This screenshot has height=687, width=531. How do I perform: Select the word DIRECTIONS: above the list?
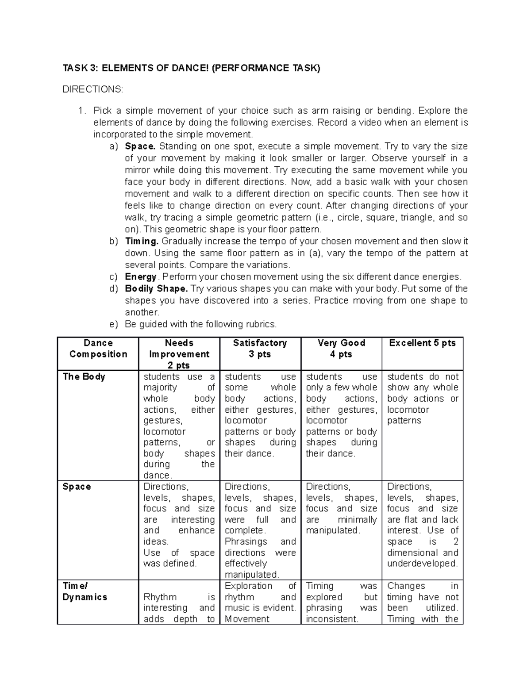(x=92, y=89)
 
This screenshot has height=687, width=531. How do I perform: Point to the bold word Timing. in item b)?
(x=142, y=242)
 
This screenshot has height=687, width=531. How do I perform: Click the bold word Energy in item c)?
(x=141, y=277)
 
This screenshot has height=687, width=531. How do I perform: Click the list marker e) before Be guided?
(x=113, y=324)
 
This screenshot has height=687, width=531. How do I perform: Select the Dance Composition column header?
(x=98, y=349)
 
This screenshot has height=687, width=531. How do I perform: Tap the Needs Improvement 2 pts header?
(x=179, y=354)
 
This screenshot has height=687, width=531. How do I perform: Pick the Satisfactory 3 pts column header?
(x=260, y=349)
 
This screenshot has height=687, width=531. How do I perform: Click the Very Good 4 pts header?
(x=341, y=349)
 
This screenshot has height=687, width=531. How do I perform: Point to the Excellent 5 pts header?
(x=422, y=343)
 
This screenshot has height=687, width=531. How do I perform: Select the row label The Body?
(x=84, y=376)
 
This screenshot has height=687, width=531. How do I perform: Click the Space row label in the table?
(x=77, y=487)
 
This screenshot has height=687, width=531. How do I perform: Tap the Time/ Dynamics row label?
(x=85, y=591)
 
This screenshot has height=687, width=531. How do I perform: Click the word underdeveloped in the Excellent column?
(x=422, y=564)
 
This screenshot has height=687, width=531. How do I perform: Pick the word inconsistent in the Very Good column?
(x=332, y=619)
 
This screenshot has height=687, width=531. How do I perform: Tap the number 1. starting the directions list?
(x=81, y=111)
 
